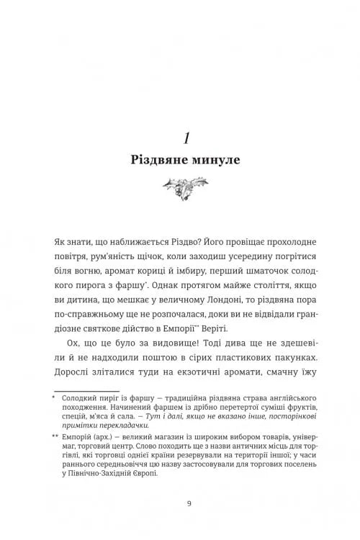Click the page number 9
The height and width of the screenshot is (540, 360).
[x=179, y=523]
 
